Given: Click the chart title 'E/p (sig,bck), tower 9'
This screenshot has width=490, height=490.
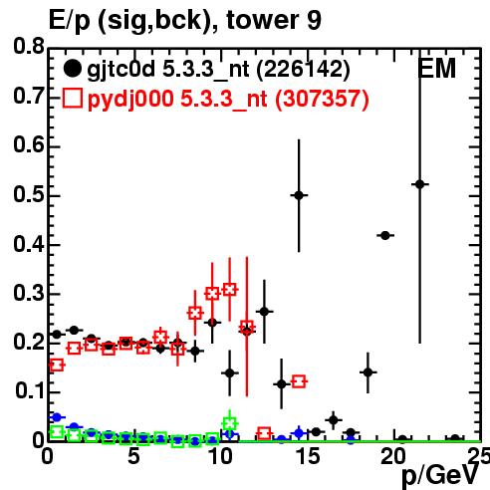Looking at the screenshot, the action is (x=185, y=21).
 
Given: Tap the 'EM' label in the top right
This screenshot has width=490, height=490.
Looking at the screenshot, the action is (x=436, y=69).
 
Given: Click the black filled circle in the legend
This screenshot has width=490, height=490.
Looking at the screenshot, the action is (x=72, y=69).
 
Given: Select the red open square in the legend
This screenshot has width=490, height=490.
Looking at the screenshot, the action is (x=72, y=99).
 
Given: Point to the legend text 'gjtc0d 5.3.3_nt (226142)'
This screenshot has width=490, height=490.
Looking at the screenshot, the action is (x=218, y=70).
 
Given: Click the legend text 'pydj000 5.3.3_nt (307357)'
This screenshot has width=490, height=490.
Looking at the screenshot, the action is (x=228, y=100).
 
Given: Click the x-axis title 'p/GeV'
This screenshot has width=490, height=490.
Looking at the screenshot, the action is (x=440, y=476).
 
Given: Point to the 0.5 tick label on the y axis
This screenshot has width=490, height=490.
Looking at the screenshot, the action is (x=29, y=194).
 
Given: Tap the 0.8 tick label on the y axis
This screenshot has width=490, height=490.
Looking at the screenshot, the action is (x=29, y=47).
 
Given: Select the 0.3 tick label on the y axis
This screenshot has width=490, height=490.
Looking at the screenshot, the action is (x=29, y=293).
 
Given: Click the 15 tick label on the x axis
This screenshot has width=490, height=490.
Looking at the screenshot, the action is (x=308, y=456).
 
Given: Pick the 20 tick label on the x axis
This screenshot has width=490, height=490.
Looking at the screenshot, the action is (x=394, y=456).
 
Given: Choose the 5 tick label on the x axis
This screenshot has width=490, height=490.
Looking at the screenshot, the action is (x=134, y=456).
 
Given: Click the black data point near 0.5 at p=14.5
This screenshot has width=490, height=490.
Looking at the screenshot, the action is (x=299, y=195).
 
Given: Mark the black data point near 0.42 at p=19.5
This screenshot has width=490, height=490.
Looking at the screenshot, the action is (x=385, y=236).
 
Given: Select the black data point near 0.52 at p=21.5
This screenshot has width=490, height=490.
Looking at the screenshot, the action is (x=420, y=184).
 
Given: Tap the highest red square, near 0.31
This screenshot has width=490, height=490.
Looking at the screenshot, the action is (x=230, y=290).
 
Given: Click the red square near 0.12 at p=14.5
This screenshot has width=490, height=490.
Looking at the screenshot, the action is (x=299, y=381).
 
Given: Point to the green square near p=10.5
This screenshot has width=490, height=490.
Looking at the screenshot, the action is (x=230, y=423).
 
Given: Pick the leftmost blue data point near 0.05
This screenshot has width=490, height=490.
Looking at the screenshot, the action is (x=57, y=417).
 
